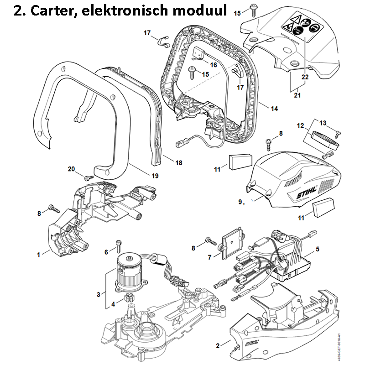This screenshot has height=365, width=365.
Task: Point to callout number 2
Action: (x=217, y=345)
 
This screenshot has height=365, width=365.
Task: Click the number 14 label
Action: (x=274, y=109)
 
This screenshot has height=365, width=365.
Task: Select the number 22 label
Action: (x=305, y=77)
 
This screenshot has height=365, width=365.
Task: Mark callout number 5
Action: (x=317, y=249)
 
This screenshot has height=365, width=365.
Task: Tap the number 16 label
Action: (x=213, y=65)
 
